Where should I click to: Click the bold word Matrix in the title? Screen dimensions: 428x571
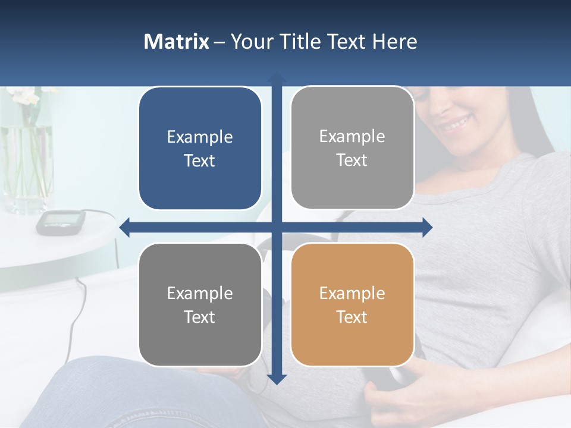[176, 42]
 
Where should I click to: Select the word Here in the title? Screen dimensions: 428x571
[395, 42]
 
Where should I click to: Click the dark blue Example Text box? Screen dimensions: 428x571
[200, 149]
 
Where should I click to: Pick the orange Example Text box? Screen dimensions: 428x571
[352, 305]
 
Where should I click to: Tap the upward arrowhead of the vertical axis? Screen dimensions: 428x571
[277, 78]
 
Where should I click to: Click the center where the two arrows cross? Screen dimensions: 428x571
[277, 227]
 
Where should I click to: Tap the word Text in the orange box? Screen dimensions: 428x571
[352, 317]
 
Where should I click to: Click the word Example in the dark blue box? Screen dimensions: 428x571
[200, 137]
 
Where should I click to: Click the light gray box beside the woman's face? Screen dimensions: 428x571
[352, 148]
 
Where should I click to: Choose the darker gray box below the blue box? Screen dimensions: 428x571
[200, 305]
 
